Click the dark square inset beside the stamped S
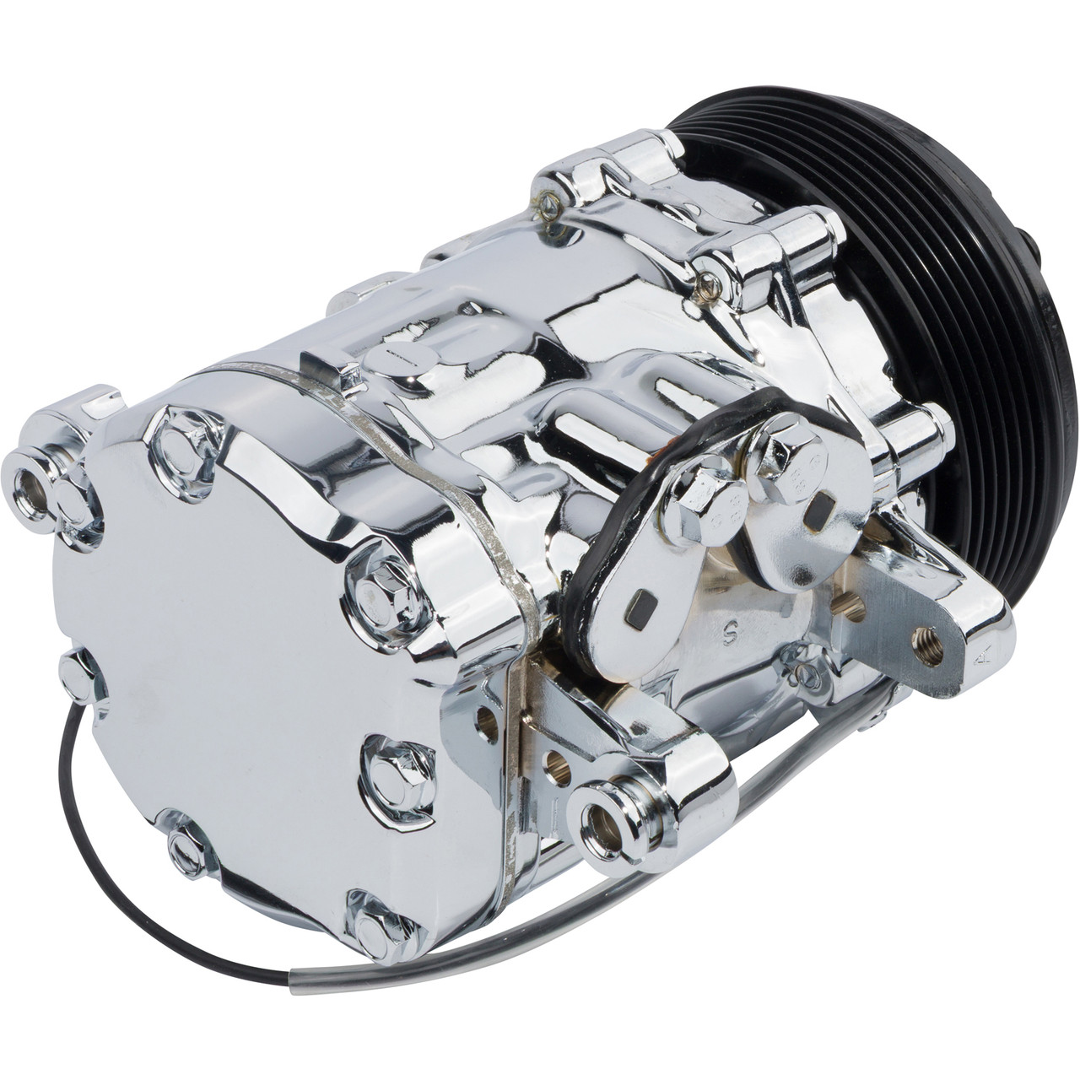[640, 606]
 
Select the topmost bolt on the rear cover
[175, 430]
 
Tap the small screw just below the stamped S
[803, 672]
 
